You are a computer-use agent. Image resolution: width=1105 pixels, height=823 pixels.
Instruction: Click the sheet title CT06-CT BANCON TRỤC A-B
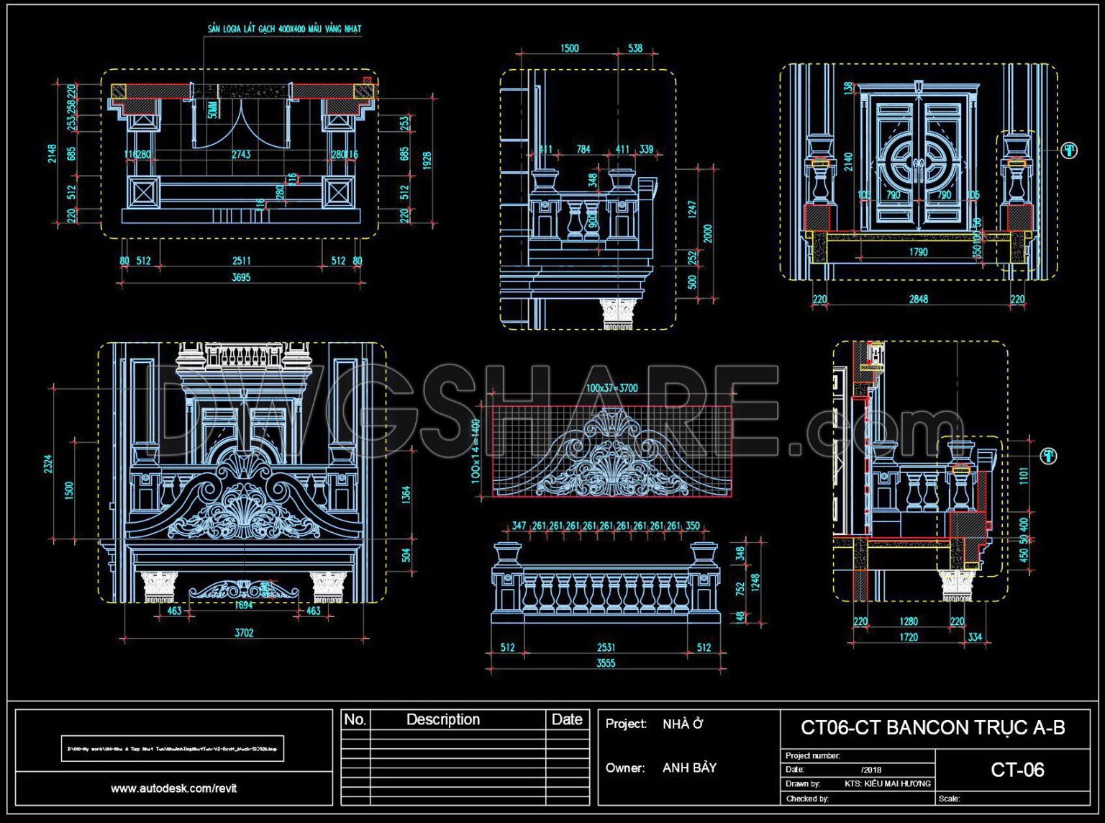[x=932, y=728]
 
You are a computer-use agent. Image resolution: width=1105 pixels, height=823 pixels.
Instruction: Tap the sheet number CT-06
[x=1017, y=770]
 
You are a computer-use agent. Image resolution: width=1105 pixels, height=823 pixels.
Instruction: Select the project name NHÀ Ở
[x=682, y=724]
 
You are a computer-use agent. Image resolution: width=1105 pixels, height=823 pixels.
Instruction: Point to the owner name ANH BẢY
[x=689, y=768]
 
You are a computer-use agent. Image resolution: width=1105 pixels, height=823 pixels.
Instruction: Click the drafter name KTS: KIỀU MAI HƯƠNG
[x=887, y=783]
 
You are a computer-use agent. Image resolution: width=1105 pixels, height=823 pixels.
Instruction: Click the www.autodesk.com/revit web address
[x=173, y=788]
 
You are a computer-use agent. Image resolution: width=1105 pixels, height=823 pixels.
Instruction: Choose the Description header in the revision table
[x=442, y=719]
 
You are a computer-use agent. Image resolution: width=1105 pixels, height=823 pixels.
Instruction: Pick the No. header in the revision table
[x=355, y=719]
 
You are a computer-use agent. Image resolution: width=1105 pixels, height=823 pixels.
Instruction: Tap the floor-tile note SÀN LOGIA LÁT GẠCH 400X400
[x=284, y=29]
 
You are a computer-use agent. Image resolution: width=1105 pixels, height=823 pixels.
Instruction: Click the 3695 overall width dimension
[x=241, y=277]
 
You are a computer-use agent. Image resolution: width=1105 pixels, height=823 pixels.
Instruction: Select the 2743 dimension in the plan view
[x=241, y=154]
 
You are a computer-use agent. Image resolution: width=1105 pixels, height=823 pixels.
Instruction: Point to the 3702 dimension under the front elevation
[x=244, y=633]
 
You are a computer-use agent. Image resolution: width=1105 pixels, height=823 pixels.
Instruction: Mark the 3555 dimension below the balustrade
[x=606, y=663]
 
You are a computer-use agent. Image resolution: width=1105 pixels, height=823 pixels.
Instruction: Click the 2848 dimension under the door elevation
[x=918, y=299]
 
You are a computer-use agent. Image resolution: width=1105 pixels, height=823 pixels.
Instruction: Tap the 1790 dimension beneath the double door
[x=918, y=252]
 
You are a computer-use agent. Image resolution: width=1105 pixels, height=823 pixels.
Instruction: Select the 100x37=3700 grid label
[x=611, y=388]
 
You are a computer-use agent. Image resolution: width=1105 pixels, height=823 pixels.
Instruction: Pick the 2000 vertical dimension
[x=708, y=234]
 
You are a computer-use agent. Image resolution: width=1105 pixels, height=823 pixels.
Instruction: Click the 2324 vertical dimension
[x=48, y=464]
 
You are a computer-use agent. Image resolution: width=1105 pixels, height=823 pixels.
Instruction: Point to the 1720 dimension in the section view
[x=909, y=637]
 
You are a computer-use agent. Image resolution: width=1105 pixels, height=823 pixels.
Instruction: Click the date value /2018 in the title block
[x=871, y=770]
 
